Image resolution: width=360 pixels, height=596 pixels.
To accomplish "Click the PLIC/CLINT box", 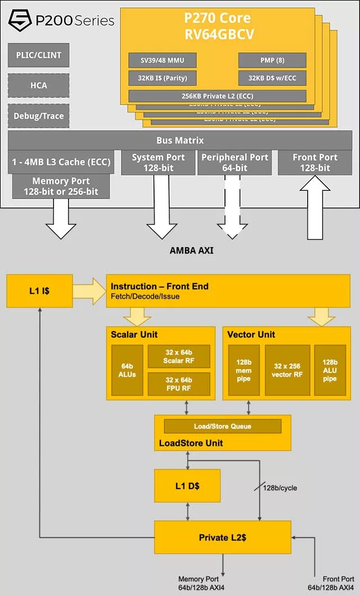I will [x=39, y=55].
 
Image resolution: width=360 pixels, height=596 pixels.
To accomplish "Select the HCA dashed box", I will [x=39, y=86].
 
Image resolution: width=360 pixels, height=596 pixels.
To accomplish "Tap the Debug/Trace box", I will [x=39, y=116].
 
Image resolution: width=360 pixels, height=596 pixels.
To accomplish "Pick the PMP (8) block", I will [x=272, y=60].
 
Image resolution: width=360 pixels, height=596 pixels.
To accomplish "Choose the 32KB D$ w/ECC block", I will [x=272, y=78].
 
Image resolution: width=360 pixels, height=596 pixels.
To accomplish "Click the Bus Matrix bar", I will [x=180, y=140].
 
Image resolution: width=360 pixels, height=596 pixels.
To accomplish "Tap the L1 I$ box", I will [x=39, y=291].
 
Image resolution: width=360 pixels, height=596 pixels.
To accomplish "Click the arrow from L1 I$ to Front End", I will [x=89, y=291].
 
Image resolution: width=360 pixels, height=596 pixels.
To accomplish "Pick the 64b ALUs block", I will [x=127, y=369].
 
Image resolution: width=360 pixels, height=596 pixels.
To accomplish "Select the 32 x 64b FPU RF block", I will [x=178, y=383].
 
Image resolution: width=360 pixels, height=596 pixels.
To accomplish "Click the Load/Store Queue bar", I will [x=222, y=426].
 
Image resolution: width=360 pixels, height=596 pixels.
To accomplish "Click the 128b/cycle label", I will [x=280, y=488].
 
